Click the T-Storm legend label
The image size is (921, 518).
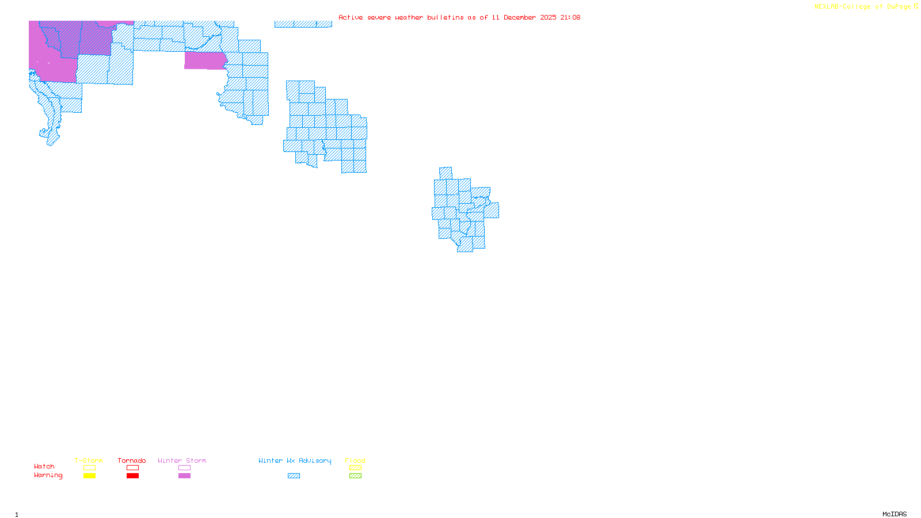tap(89, 460)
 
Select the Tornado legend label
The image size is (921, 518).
tap(132, 460)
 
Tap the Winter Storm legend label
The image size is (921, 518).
tap(182, 460)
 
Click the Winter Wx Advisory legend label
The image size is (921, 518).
tap(295, 460)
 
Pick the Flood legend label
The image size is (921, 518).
tap(355, 460)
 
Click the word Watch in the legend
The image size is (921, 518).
tap(44, 466)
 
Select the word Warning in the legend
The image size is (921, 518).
tap(48, 475)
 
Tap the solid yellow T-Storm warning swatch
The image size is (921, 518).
tap(89, 476)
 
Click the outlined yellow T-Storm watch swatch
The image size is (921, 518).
tap(89, 468)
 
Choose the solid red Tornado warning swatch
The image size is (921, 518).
tap(132, 476)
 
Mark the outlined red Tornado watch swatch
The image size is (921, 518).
tap(132, 468)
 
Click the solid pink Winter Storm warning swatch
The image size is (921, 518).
tap(184, 476)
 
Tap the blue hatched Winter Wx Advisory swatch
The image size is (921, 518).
tap(294, 476)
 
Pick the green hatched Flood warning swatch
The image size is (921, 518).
tap(355, 476)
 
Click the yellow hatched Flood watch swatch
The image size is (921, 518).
tap(355, 468)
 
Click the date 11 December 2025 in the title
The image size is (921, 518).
tap(524, 17)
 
